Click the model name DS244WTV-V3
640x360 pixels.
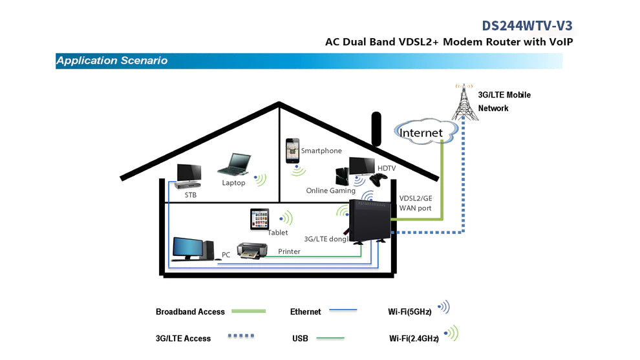527,25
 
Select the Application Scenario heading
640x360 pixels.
112,61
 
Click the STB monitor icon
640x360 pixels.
188,173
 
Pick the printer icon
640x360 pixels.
251,250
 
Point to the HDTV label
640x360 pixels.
387,168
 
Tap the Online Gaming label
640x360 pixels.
330,191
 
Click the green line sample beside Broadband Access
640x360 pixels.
248,312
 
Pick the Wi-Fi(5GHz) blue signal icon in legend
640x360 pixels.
443,308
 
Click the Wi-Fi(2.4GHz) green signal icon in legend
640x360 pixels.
451,334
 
